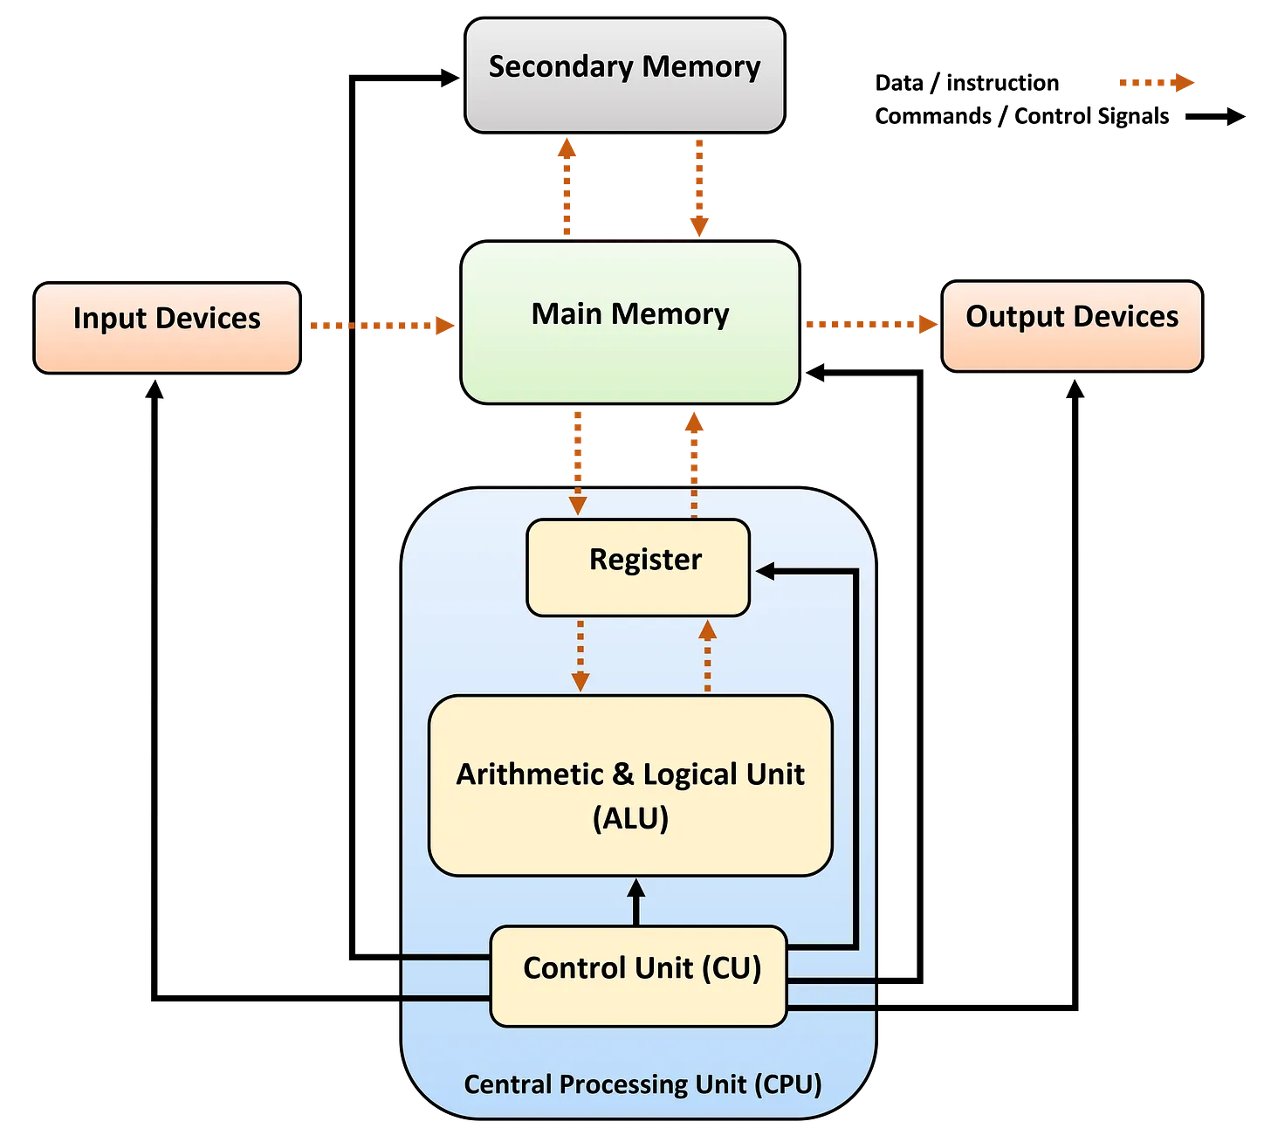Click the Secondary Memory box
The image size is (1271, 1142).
click(624, 75)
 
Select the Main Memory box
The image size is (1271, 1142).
click(630, 322)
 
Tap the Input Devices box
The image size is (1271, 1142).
click(167, 327)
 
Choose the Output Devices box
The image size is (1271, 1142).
click(1071, 327)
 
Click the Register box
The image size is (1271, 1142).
click(638, 568)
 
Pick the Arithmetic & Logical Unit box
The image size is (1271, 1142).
click(630, 785)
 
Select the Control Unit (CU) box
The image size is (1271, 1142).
click(638, 976)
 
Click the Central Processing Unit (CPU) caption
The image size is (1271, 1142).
click(642, 1085)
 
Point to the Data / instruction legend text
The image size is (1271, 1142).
click(966, 83)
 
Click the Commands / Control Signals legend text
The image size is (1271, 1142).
click(1021, 117)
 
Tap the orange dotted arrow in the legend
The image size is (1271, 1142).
click(1156, 82)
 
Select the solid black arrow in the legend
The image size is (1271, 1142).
click(1215, 117)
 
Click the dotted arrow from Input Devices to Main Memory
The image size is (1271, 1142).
click(382, 325)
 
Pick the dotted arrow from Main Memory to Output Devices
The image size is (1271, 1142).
click(871, 324)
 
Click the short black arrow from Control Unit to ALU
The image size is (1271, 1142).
click(636, 902)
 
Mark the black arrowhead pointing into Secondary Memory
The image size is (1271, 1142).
click(450, 78)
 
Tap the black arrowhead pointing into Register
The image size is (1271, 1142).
click(766, 571)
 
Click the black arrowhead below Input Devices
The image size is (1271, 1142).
click(155, 389)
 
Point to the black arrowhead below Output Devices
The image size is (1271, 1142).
click(1075, 389)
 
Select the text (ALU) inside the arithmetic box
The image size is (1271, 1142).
click(630, 818)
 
